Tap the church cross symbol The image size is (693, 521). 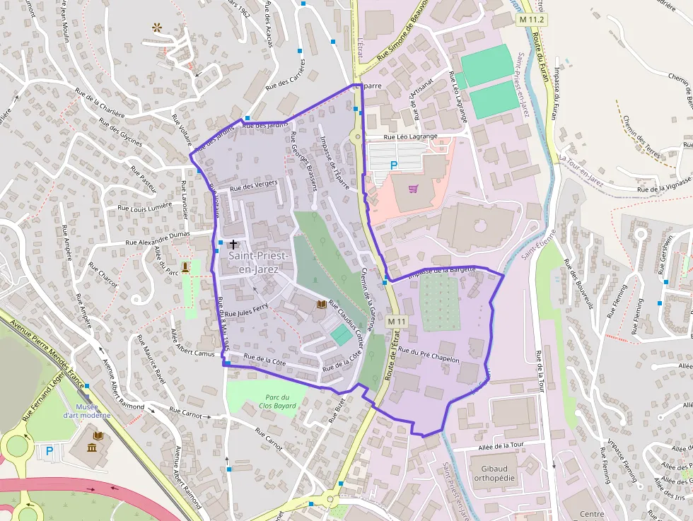point(233,245)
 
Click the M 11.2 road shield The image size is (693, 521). point(532,19)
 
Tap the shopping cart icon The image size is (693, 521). point(413,189)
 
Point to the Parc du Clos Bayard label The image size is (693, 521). point(277,401)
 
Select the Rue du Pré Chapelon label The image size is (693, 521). point(429,355)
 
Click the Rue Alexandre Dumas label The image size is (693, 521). point(158,238)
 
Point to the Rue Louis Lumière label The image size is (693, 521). point(144,207)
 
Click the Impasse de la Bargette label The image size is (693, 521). point(443,270)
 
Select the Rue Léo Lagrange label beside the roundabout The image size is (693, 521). point(410,136)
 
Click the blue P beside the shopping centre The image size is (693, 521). point(394,165)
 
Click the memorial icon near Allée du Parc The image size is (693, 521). point(186,267)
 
